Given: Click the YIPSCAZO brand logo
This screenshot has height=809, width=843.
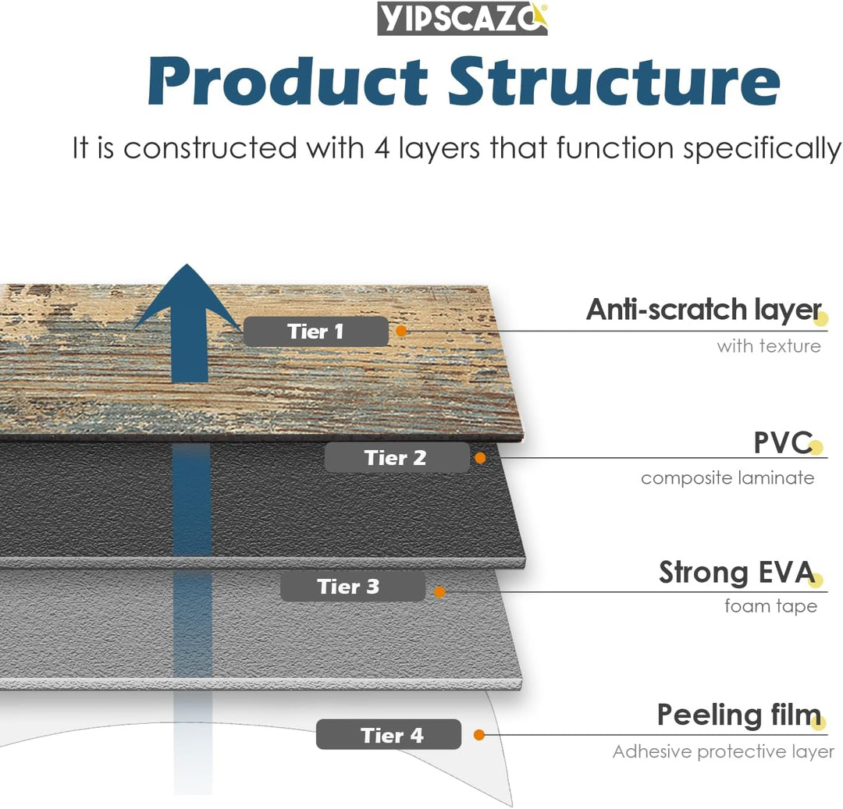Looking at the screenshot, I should [462, 19].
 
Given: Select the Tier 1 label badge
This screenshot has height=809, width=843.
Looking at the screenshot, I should [315, 332].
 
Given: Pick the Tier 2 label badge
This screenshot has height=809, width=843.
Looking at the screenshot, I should [397, 458].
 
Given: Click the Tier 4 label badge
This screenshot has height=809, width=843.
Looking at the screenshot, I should [389, 735].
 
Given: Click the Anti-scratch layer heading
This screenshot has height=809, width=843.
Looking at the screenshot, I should [703, 310].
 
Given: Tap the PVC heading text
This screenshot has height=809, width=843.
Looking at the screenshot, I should [782, 442].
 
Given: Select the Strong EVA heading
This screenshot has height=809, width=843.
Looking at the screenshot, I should [736, 573].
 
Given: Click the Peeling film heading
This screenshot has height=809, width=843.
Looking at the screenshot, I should [738, 715].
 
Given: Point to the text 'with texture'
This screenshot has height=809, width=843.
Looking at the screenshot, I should [769, 346].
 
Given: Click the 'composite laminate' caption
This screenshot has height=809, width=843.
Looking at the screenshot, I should [727, 477].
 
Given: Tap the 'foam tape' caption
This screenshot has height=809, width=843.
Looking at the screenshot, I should [770, 606].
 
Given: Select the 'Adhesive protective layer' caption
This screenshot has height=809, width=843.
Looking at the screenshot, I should [723, 752].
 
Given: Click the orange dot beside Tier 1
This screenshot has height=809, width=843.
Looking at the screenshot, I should [401, 331].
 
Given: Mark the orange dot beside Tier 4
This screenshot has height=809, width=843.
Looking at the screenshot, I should [479, 735].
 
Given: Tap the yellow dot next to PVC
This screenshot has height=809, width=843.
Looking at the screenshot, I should [816, 448].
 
